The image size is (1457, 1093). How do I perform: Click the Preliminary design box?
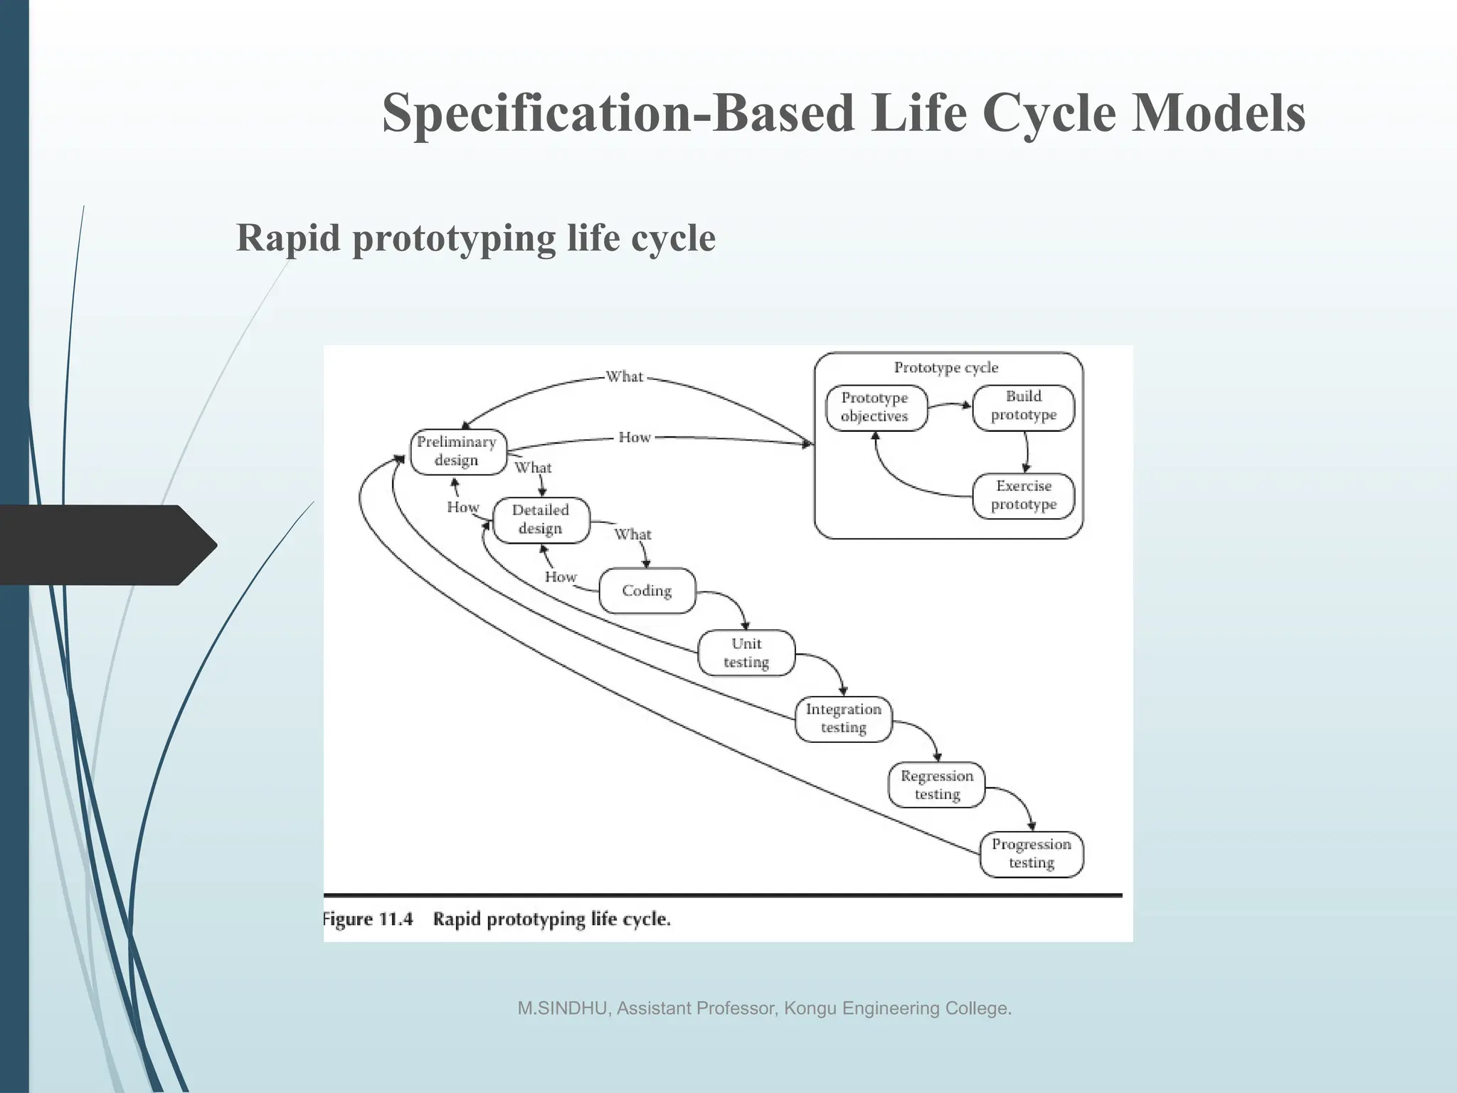pyautogui.click(x=457, y=451)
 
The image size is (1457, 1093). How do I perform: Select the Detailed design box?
pyautogui.click(x=541, y=519)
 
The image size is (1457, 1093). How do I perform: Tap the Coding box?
pyautogui.click(x=647, y=591)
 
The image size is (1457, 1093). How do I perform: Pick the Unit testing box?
pyautogui.click(x=746, y=653)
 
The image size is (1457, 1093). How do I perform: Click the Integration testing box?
pyautogui.click(x=843, y=719)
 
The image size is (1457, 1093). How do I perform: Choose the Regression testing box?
pyautogui.click(x=936, y=785)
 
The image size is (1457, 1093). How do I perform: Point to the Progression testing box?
pyautogui.click(x=1031, y=853)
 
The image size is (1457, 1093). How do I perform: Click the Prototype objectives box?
pyautogui.click(x=875, y=407)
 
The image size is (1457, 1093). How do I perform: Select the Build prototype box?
pyautogui.click(x=1023, y=406)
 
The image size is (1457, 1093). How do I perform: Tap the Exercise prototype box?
pyautogui.click(x=1023, y=495)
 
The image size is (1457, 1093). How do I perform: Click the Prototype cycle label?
pyautogui.click(x=945, y=368)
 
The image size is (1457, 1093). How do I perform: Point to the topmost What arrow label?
pyautogui.click(x=624, y=376)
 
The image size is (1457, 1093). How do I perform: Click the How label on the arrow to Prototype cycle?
pyautogui.click(x=635, y=437)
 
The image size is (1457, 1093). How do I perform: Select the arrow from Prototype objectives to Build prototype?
pyautogui.click(x=950, y=406)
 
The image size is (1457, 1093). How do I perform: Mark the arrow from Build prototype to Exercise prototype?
pyautogui.click(x=1027, y=451)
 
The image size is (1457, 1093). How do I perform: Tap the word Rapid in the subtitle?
pyautogui.click(x=288, y=238)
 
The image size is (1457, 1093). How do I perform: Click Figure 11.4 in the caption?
pyautogui.click(x=368, y=919)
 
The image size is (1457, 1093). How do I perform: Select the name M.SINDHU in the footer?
pyautogui.click(x=561, y=1008)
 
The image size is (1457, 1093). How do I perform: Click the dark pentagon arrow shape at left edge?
pyautogui.click(x=107, y=545)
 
